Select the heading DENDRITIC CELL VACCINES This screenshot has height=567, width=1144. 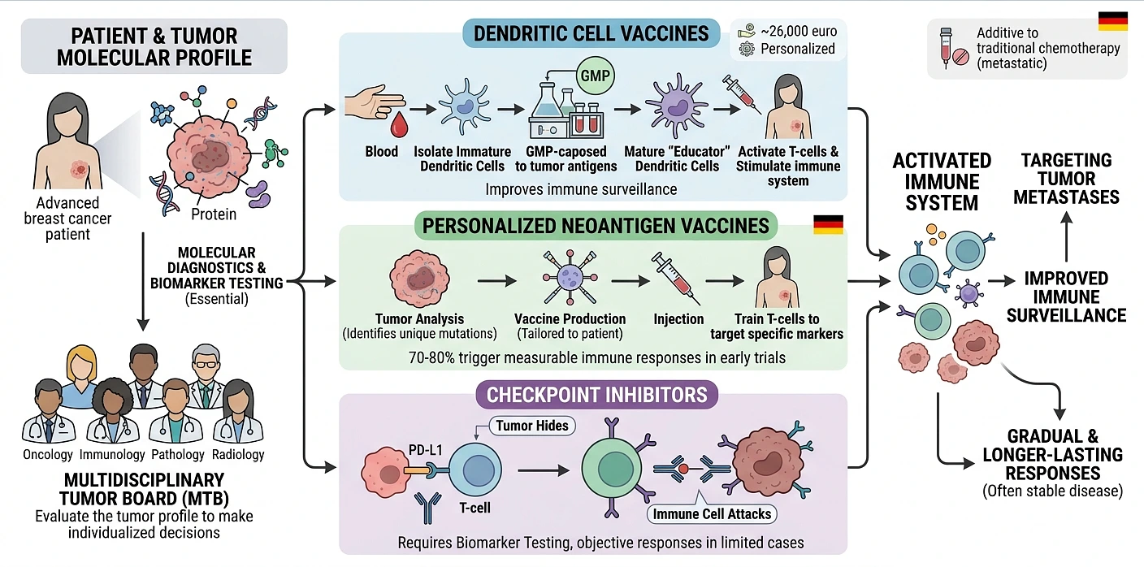591,34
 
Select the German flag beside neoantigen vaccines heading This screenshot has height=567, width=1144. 828,225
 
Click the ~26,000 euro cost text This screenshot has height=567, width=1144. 799,32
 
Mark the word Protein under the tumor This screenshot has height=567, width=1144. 214,214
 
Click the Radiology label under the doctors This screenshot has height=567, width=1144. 237,454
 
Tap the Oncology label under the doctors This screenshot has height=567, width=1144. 49,454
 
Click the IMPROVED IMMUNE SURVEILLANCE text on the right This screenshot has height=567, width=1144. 1066,296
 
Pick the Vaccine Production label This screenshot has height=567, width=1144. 570,318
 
